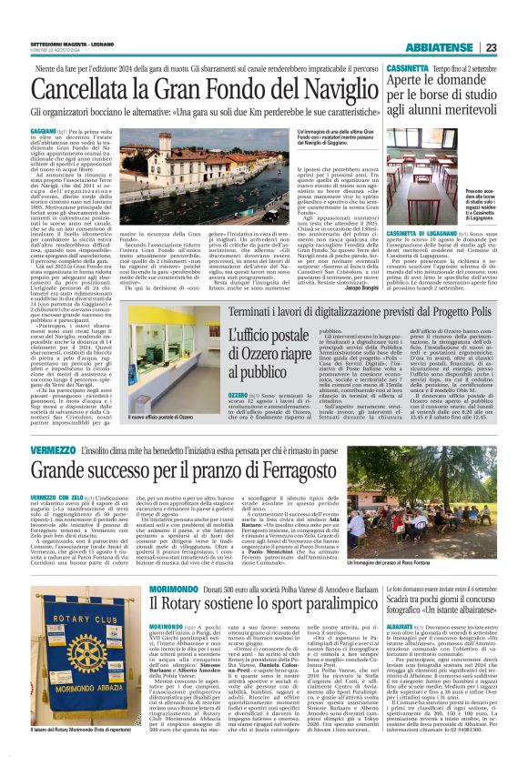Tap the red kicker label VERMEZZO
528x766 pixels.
[x=51, y=451]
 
